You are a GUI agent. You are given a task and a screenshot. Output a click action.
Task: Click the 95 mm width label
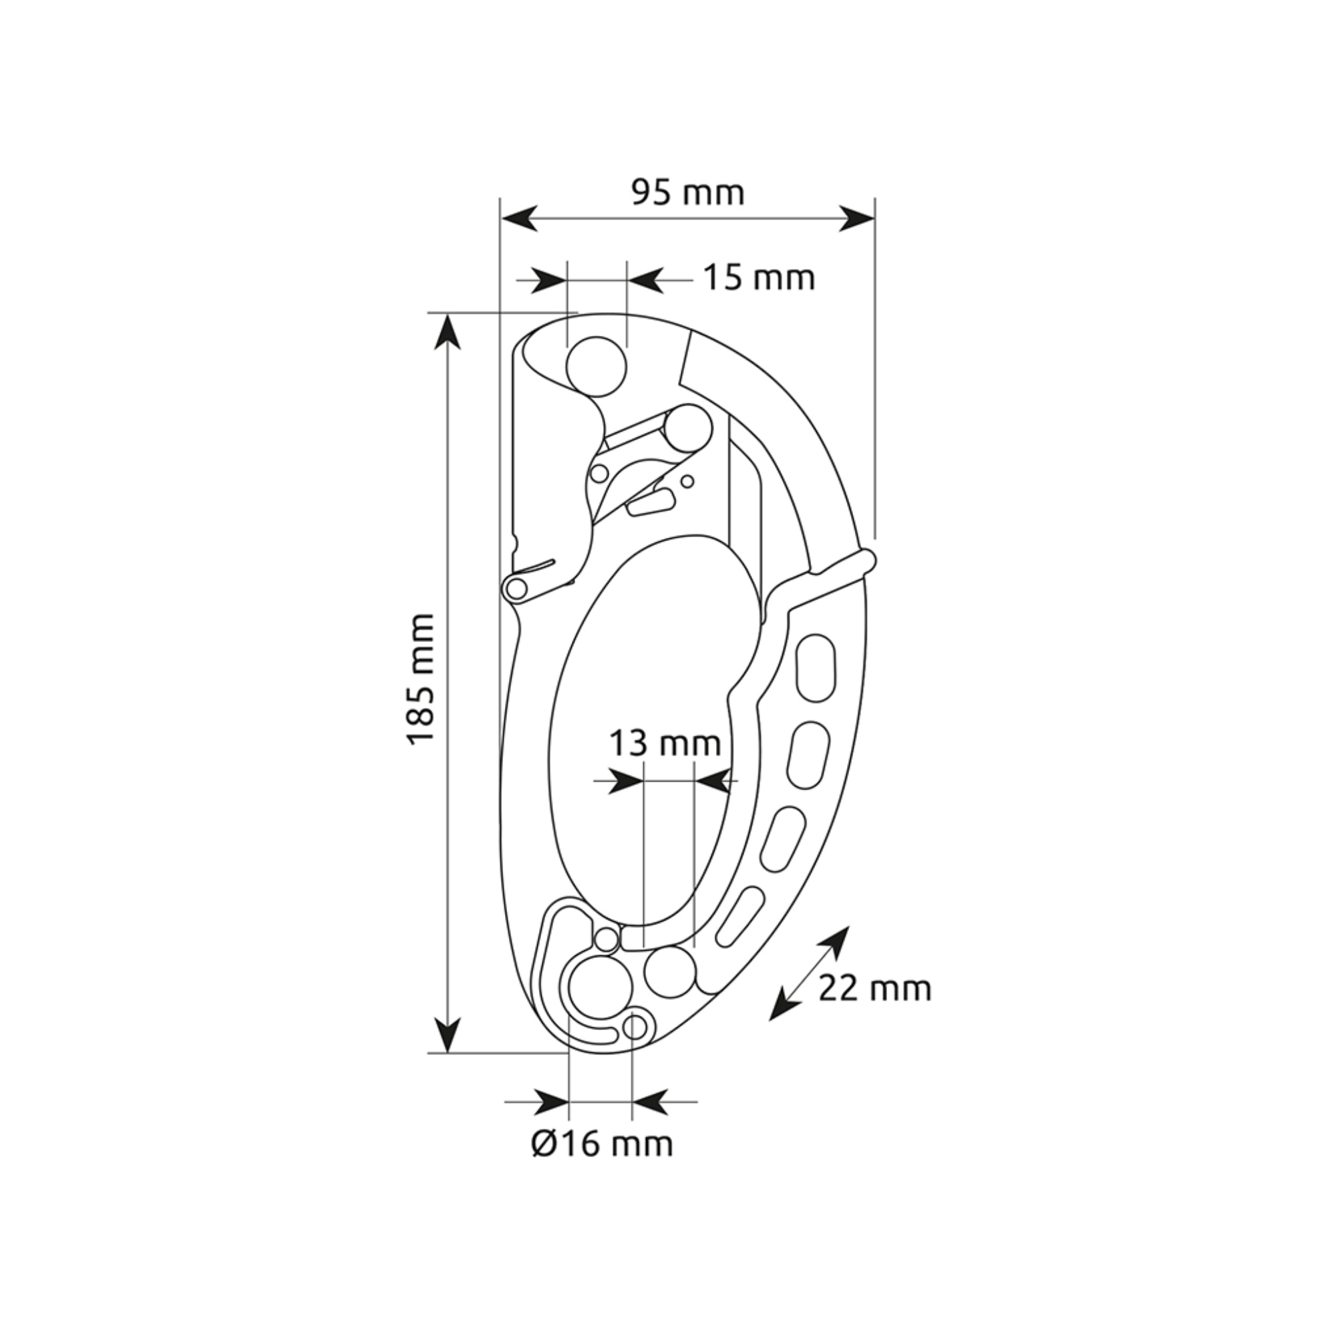[688, 193]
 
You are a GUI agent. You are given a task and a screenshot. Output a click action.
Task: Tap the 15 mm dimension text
[760, 278]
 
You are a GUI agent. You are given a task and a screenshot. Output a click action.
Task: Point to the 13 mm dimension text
[665, 743]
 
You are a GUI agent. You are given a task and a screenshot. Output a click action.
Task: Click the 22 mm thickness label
[875, 988]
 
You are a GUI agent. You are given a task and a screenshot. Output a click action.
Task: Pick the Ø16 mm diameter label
[602, 1144]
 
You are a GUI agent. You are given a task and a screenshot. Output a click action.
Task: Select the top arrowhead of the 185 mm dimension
[449, 332]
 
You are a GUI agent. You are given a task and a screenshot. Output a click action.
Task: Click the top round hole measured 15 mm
[596, 367]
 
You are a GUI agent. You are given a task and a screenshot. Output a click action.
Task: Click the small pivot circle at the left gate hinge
[516, 589]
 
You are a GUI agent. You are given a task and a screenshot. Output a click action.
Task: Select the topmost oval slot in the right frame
[816, 669]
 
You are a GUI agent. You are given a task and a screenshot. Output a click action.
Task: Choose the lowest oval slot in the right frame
[740, 918]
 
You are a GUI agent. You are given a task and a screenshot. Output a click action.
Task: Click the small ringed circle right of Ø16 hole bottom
[635, 1027]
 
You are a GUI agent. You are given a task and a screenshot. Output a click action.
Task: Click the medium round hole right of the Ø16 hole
[669, 971]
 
